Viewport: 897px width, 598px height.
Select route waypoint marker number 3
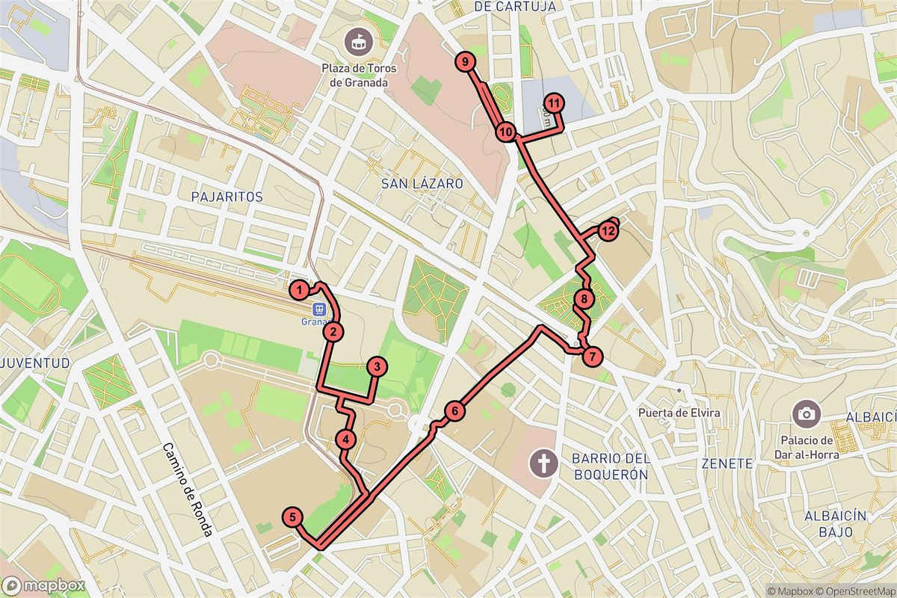click(377, 366)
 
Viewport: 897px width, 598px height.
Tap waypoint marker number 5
click(292, 517)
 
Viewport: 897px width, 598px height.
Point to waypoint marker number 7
click(591, 357)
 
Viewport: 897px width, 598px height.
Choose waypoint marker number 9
click(465, 62)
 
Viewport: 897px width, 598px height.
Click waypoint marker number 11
click(554, 103)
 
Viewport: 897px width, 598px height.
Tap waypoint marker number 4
click(345, 440)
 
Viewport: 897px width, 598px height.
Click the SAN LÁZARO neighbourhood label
click(422, 183)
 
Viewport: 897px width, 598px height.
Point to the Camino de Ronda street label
click(188, 490)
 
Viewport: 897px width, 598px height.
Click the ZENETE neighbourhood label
click(727, 463)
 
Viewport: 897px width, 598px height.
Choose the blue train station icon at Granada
click(319, 309)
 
